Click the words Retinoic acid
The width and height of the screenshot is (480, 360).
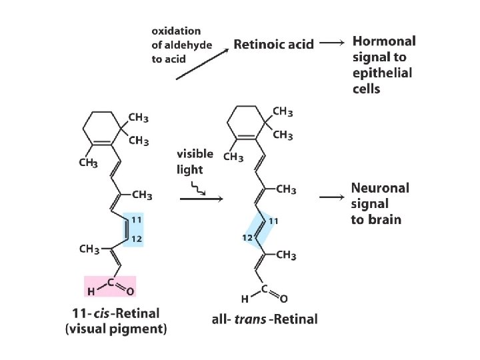click(x=273, y=45)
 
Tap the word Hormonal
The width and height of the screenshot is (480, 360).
click(x=383, y=41)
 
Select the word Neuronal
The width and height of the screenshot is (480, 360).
click(x=380, y=188)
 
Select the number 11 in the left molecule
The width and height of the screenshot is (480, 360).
click(x=136, y=219)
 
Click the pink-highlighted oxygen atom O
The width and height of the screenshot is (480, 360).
click(x=130, y=291)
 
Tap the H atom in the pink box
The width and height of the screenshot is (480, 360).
click(x=91, y=291)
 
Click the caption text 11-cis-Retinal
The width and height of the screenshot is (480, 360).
click(x=117, y=313)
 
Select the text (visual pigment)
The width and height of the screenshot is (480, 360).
click(x=117, y=329)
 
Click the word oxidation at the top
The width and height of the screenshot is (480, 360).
click(x=176, y=31)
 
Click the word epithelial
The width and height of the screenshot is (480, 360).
click(x=382, y=73)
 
